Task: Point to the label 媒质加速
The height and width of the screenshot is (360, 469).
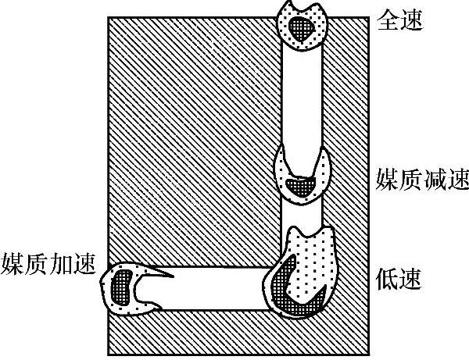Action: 48,263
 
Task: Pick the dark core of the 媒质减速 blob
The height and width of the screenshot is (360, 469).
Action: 299,187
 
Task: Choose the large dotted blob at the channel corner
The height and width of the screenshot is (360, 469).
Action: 313,258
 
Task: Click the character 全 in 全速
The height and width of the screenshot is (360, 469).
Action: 388,20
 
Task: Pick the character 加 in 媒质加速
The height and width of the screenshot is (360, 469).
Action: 63,263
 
